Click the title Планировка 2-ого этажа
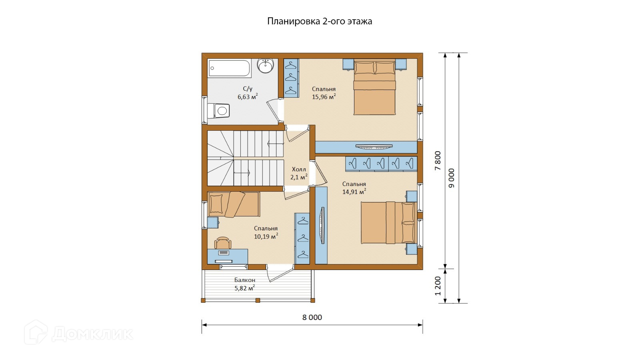pos(320,22)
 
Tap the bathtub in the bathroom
pos(230,68)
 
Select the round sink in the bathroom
pos(266,66)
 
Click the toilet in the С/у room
pos(218,111)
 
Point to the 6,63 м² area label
pos(248,96)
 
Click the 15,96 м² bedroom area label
pos(324,96)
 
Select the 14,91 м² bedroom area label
pos(354,192)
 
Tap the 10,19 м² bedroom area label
pos(266,236)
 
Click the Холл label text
pos(299,170)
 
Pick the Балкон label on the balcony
pos(245,280)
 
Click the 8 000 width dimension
pos(312,318)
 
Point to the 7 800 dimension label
pos(438,160)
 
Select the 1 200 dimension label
pos(438,286)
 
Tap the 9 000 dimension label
pos(452,178)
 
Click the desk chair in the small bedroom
pos(223,243)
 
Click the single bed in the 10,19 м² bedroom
pos(234,204)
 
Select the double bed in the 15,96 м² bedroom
pos(374,87)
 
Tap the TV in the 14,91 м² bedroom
pos(322,226)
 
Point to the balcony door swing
pos(280,274)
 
